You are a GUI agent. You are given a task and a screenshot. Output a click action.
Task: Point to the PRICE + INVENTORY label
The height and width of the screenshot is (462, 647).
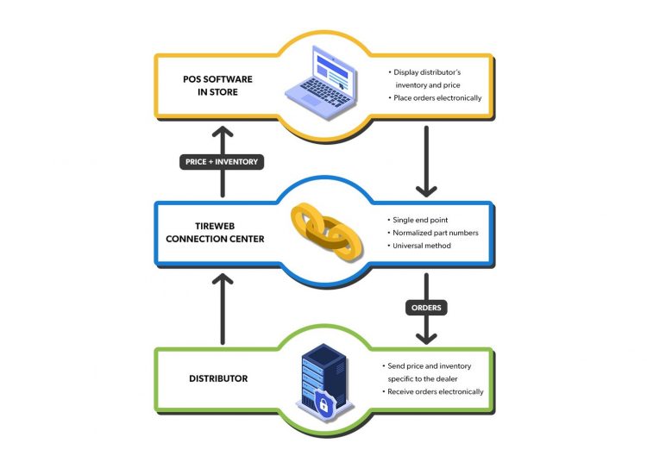pos(222,161)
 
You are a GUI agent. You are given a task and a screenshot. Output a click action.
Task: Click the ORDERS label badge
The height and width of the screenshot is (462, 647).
pos(425,307)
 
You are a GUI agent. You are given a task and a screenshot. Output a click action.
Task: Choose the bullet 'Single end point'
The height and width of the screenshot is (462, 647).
pos(424,219)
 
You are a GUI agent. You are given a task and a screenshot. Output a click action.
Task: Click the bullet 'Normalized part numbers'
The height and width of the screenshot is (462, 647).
pos(435,233)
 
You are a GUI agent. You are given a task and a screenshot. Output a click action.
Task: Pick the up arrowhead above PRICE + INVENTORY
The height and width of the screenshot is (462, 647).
pos(222,133)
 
